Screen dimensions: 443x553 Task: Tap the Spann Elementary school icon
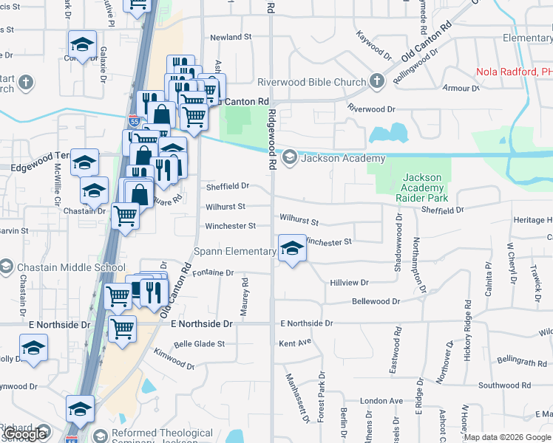pyautogui.click(x=292, y=249)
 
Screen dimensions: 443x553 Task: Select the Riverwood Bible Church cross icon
pyautogui.click(x=376, y=81)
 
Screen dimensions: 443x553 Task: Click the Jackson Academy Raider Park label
pyautogui.click(x=423, y=188)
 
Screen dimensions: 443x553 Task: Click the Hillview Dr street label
pyautogui.click(x=349, y=283)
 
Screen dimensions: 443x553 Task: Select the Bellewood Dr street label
pyautogui.click(x=376, y=301)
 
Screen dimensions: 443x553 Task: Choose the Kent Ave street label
pyautogui.click(x=296, y=343)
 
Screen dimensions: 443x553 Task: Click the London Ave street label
pyautogui.click(x=381, y=401)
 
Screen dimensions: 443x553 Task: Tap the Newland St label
pyautogui.click(x=231, y=37)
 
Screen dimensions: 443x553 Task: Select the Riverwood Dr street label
pyautogui.click(x=372, y=109)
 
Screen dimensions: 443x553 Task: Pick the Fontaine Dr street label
pyautogui.click(x=214, y=272)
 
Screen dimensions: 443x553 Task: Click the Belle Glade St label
pyautogui.click(x=199, y=344)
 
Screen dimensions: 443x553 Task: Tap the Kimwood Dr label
pyautogui.click(x=175, y=360)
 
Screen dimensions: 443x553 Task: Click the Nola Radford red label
pyautogui.click(x=514, y=72)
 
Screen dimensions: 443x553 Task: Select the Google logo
pyautogui.click(x=25, y=435)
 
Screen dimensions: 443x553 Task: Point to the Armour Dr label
pyautogui.click(x=461, y=89)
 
